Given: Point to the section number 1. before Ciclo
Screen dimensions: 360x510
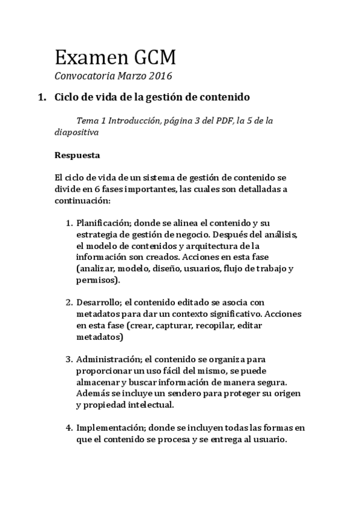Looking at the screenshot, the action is (x=41, y=97).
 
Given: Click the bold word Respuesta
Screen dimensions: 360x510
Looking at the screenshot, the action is (x=77, y=155).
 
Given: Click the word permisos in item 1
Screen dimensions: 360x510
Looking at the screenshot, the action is (x=97, y=280).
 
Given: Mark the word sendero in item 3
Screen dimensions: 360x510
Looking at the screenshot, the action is (x=190, y=393).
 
